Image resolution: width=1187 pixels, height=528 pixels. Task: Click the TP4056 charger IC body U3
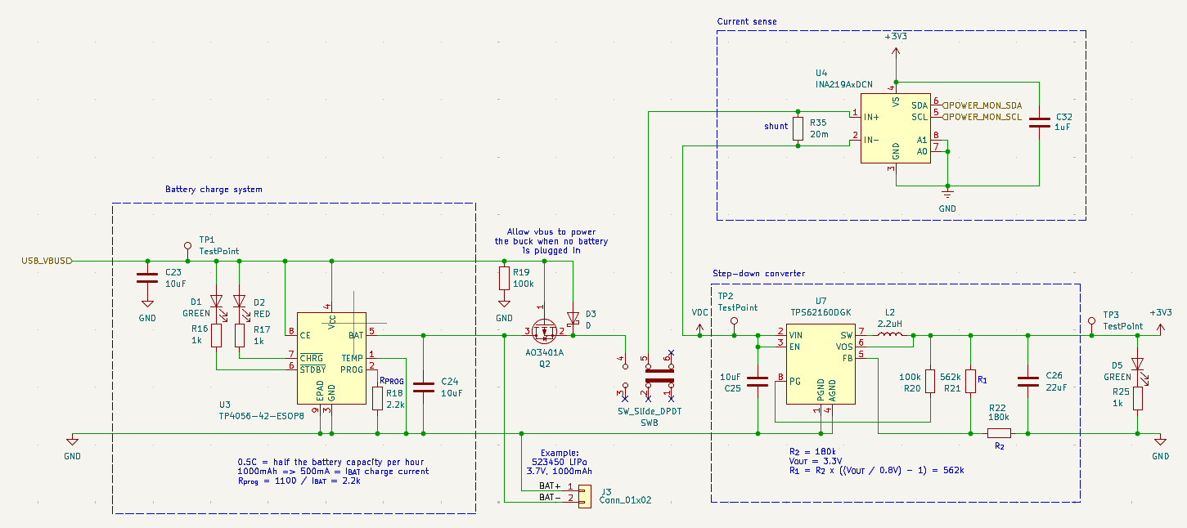pyautogui.click(x=331, y=358)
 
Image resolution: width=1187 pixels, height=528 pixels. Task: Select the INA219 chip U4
pyautogui.click(x=895, y=128)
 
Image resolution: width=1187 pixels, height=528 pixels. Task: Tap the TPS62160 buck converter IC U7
pyautogui.click(x=821, y=364)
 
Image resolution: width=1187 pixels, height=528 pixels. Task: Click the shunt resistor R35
pyautogui.click(x=798, y=128)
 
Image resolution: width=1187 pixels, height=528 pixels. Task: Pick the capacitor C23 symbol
pyautogui.click(x=147, y=278)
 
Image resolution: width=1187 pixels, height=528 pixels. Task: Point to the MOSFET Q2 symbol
pyautogui.click(x=544, y=332)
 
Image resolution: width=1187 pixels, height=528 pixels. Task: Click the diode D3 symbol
pyautogui.click(x=573, y=318)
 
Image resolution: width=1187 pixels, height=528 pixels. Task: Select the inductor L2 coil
pyautogui.click(x=890, y=334)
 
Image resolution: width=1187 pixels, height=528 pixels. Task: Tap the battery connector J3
pyautogui.click(x=584, y=497)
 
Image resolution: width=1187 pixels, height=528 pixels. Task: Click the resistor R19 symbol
pyautogui.click(x=504, y=278)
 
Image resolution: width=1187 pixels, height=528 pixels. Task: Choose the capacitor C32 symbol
pyautogui.click(x=1039, y=123)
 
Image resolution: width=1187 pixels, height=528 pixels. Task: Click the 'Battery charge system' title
pyautogui.click(x=214, y=189)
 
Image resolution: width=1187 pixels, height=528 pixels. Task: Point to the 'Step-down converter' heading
pyautogui.click(x=759, y=273)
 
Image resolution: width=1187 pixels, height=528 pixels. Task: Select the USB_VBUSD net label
pyautogui.click(x=46, y=261)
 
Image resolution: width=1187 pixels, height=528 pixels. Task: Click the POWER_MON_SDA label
pyautogui.click(x=982, y=105)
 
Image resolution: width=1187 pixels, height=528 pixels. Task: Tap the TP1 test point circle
pyautogui.click(x=187, y=246)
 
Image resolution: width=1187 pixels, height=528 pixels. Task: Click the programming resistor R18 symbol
pyautogui.click(x=377, y=399)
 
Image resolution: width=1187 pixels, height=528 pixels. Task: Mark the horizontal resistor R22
pyautogui.click(x=999, y=433)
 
